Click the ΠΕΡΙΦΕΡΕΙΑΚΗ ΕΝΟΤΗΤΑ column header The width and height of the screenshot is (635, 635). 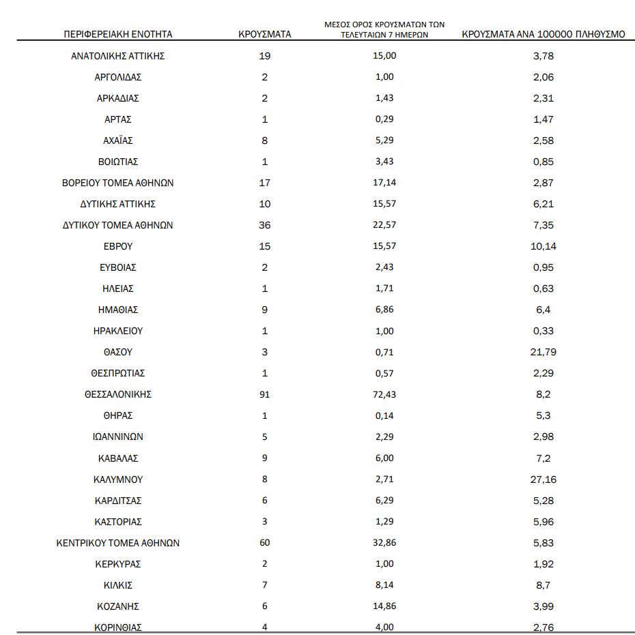[x=118, y=34]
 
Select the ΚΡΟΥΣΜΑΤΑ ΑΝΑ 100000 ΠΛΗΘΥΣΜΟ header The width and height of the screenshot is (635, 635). [x=544, y=34]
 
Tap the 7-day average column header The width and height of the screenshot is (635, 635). [x=384, y=29]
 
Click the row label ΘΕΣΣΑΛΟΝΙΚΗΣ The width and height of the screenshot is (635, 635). [x=118, y=394]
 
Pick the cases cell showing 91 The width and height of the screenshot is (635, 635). [x=265, y=394]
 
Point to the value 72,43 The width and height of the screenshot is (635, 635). [x=385, y=394]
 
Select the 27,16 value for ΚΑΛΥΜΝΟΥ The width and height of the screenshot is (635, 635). [x=544, y=479]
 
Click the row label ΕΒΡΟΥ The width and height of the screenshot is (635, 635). [x=118, y=246]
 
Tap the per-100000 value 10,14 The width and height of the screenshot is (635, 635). [x=544, y=246]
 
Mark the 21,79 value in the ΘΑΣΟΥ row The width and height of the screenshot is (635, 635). [x=544, y=352]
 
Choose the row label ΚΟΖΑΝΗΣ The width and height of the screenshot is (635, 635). [x=118, y=606]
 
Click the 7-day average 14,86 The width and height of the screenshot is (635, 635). [x=385, y=606]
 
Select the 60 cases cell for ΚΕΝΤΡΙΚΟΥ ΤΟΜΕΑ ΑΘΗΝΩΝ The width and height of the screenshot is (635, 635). [x=265, y=543]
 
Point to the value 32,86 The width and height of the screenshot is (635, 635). [x=385, y=543]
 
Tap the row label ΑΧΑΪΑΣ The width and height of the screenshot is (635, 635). [x=118, y=141]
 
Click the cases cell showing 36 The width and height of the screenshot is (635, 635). [x=265, y=225]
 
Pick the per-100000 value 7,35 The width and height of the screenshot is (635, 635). [x=544, y=225]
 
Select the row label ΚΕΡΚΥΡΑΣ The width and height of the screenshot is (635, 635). [x=118, y=564]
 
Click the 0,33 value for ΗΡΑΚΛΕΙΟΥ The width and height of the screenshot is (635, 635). [x=544, y=331]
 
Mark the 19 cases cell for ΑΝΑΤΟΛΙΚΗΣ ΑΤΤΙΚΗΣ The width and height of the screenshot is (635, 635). [x=265, y=56]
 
